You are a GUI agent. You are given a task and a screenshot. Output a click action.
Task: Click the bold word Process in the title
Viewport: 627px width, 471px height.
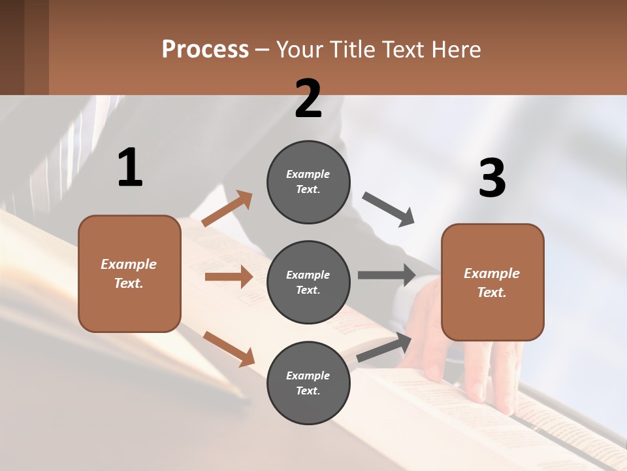205,49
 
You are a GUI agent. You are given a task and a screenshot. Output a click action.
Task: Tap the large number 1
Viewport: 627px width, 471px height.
130,167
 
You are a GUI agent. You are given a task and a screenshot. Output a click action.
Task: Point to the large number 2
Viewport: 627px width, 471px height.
308,98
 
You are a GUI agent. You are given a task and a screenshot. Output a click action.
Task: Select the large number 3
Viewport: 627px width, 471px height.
492,179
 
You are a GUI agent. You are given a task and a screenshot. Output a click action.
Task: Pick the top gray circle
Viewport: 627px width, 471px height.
308,182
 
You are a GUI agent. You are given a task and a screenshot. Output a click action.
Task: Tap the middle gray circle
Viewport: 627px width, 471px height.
308,282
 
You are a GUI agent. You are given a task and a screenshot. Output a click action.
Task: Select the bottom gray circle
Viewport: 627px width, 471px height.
308,383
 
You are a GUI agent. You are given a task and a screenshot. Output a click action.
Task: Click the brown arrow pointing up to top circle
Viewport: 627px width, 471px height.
227,209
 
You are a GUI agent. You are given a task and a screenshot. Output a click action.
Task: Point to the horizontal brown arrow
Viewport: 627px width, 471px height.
229,277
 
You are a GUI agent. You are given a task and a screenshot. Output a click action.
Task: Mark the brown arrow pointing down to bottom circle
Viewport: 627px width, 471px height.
229,348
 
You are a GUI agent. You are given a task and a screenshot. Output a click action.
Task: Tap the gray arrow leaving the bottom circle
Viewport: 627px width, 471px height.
384,347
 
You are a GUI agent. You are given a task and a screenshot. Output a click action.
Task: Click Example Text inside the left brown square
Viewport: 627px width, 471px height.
129,273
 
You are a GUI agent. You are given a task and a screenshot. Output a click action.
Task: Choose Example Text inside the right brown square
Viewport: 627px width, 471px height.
492,283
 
